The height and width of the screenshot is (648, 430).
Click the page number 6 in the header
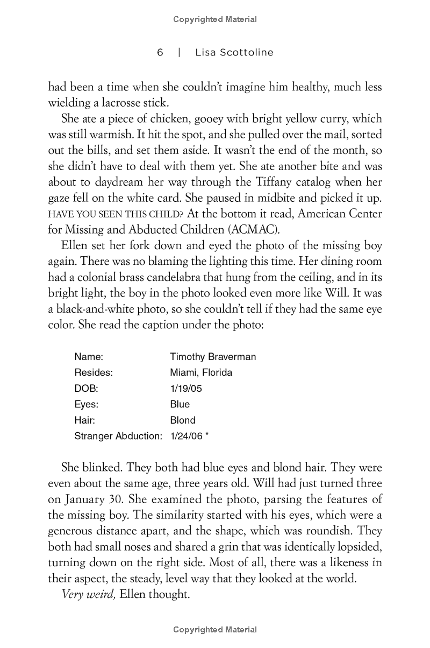click(160, 52)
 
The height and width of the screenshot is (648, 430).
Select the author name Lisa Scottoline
click(235, 52)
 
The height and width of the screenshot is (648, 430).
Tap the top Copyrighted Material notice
click(215, 19)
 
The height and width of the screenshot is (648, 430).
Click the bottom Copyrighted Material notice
click(215, 630)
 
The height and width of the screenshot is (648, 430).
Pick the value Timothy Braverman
click(213, 357)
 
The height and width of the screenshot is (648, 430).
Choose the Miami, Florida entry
click(201, 372)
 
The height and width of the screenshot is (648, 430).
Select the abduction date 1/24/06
click(186, 436)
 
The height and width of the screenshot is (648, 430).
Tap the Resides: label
click(94, 372)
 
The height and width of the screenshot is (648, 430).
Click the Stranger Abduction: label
click(118, 436)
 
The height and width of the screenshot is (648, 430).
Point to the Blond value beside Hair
click(183, 420)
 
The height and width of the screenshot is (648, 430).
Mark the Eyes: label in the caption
click(87, 404)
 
